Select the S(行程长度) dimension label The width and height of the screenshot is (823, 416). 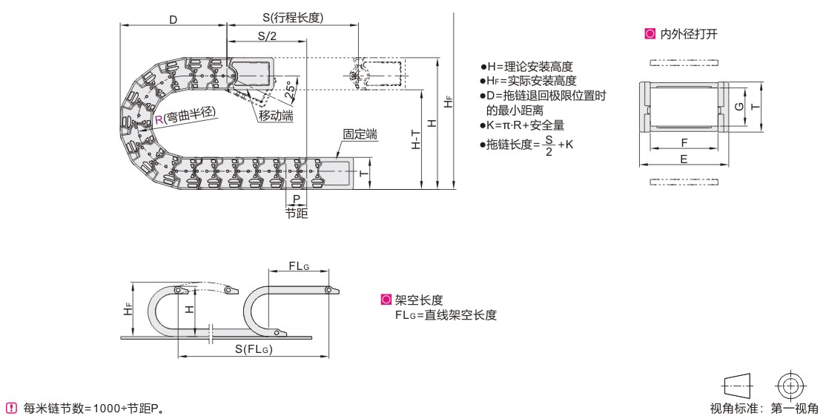[292, 19]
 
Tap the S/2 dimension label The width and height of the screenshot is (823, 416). [267, 36]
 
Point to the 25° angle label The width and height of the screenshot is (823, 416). [291, 88]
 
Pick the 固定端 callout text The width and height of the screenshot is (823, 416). [360, 135]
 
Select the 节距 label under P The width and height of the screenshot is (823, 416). [297, 213]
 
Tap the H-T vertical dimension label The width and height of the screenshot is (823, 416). [416, 139]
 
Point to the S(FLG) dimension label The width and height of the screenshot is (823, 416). [254, 349]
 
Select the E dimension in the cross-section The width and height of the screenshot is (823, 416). [683, 158]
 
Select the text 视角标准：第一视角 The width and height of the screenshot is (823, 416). [764, 407]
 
